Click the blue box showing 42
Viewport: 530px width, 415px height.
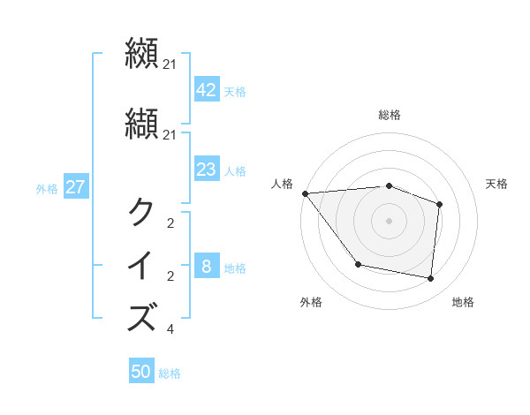(x=207, y=89)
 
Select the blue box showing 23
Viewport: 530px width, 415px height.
(x=207, y=170)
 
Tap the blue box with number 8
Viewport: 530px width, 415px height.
(x=207, y=267)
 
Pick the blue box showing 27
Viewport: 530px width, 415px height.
(x=75, y=187)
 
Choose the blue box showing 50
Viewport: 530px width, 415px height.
(x=141, y=372)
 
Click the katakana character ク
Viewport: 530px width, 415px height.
(x=142, y=213)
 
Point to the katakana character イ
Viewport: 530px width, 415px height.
(x=142, y=266)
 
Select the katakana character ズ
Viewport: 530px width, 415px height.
(x=142, y=316)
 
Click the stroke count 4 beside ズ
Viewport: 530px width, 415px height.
(x=170, y=330)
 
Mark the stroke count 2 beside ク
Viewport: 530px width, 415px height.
(x=170, y=223)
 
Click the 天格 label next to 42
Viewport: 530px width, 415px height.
(x=235, y=91)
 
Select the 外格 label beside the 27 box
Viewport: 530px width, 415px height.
(x=47, y=188)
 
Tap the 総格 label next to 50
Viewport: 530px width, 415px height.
(x=170, y=373)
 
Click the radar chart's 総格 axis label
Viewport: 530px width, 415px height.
(x=389, y=115)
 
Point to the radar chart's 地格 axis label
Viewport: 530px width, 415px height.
(x=463, y=302)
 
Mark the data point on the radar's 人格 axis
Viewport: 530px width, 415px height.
(x=305, y=193)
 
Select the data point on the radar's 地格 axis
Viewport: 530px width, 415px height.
(x=430, y=279)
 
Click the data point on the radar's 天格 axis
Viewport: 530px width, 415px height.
(x=439, y=204)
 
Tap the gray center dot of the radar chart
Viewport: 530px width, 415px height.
(x=389, y=220)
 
